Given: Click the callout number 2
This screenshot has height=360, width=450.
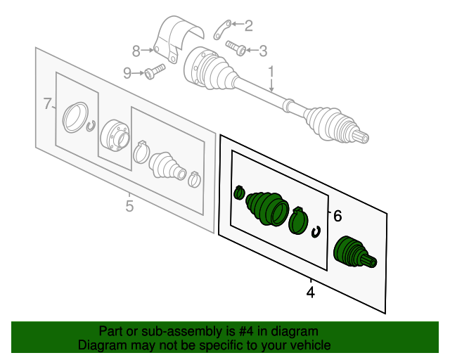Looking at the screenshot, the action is click(x=248, y=26).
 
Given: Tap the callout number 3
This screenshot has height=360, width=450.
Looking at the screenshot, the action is click(x=263, y=51).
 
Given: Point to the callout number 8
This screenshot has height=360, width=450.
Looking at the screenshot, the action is click(x=136, y=51).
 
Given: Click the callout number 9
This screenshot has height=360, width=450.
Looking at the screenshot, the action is click(x=127, y=73).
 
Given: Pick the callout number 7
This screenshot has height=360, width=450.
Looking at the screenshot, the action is click(x=47, y=103).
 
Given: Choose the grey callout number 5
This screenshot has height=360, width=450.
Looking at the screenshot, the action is click(x=129, y=206).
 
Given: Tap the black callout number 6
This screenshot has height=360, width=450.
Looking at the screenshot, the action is click(x=337, y=216).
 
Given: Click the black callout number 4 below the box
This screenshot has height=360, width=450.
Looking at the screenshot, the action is click(x=311, y=292).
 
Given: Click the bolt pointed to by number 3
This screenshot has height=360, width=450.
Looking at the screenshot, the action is click(x=236, y=48).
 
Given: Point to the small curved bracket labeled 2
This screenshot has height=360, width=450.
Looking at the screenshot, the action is click(x=223, y=30).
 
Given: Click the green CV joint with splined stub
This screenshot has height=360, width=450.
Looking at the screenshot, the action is click(x=354, y=252).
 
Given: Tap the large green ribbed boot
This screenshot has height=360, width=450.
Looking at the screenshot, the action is click(x=267, y=209).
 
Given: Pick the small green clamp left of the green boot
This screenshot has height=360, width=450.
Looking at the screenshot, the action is click(x=239, y=193).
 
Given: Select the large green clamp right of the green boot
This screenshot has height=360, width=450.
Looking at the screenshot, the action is click(x=298, y=220).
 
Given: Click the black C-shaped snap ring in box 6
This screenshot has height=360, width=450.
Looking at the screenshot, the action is click(x=316, y=232).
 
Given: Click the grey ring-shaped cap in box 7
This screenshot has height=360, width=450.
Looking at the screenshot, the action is click(x=75, y=117).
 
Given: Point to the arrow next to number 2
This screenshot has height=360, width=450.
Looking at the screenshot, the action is click(x=238, y=24).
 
